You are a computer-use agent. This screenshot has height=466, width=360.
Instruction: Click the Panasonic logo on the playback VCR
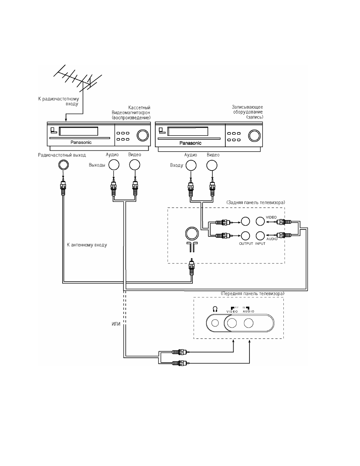tap(81, 142)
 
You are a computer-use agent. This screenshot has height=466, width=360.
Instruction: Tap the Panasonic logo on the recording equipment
tap(191, 143)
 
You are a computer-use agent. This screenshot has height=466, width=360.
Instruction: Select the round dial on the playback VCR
tap(143, 135)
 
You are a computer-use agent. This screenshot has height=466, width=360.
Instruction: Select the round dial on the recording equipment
tap(254, 135)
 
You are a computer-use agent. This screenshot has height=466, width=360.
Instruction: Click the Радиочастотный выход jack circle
tap(63, 165)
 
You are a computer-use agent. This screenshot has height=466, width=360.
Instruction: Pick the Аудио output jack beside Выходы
tap(114, 165)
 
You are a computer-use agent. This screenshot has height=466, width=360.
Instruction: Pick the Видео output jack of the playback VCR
tap(135, 165)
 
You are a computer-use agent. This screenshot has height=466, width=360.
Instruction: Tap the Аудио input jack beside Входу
tap(191, 165)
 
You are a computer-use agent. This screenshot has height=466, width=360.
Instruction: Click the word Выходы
tap(97, 165)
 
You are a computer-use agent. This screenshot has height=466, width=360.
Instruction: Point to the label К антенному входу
tap(87, 245)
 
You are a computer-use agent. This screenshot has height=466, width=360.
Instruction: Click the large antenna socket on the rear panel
tap(192, 234)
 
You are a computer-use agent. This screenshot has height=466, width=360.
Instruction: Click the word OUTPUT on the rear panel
tap(246, 244)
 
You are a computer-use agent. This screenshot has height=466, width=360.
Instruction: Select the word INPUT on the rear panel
tap(260, 244)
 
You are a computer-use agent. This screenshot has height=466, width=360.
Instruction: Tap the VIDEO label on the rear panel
tap(271, 217)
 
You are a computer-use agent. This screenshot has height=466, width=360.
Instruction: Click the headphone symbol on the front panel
tap(215, 309)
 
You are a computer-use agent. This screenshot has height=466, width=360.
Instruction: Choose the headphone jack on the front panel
tap(215, 323)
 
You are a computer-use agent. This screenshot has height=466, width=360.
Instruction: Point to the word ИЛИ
tap(116, 324)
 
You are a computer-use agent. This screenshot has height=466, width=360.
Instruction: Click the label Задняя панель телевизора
tap(256, 203)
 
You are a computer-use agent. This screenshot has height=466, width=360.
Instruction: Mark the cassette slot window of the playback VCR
tap(78, 131)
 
